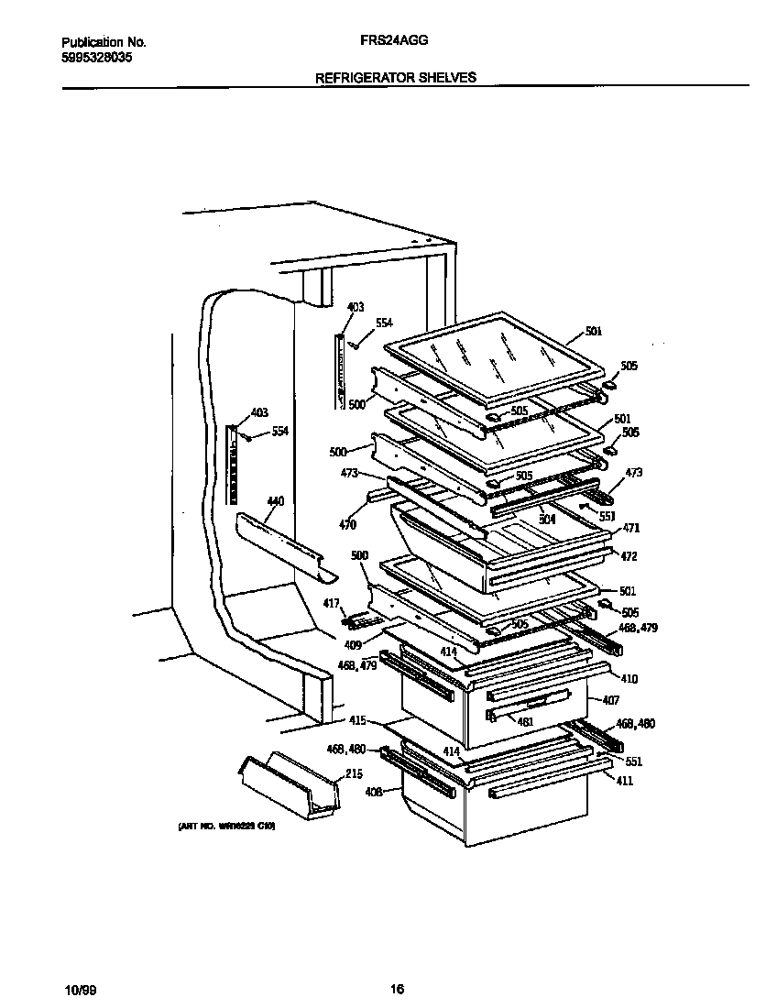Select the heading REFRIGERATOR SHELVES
395,78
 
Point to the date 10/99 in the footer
80,990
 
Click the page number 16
396,990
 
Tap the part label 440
275,501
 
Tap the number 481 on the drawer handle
525,721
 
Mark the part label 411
626,781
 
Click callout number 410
629,679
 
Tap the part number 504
547,519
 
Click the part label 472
629,556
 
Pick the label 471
631,528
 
